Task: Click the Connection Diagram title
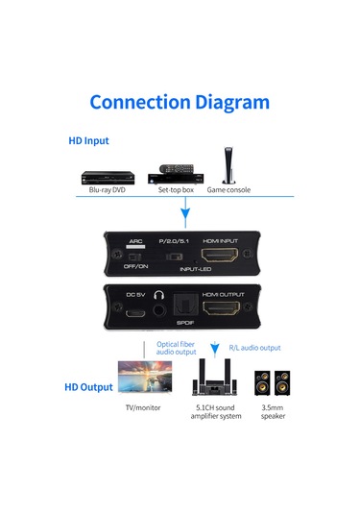180,102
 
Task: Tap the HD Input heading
87,140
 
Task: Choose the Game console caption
228,191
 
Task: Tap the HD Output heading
88,387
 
